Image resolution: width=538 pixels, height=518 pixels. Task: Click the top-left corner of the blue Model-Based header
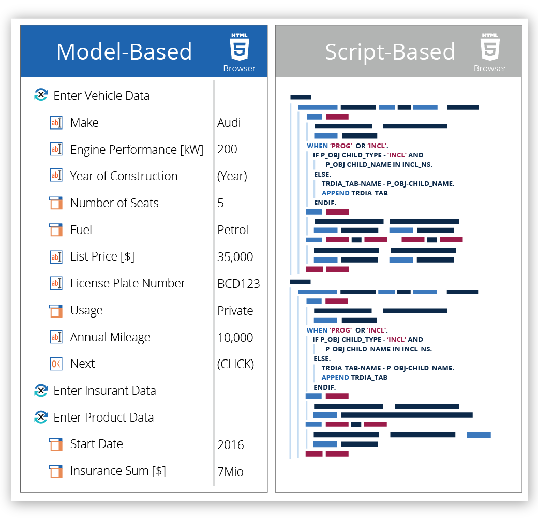click(x=21, y=25)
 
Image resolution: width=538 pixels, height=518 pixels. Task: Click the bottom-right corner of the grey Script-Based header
click(x=522, y=77)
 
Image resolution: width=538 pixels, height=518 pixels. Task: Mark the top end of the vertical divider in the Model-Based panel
click(x=214, y=80)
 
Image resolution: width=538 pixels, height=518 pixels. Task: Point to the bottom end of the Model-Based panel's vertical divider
click(x=214, y=486)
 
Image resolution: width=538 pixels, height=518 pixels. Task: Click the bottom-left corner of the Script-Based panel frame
click(x=276, y=492)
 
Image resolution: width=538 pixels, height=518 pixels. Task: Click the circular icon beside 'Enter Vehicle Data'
click(x=41, y=95)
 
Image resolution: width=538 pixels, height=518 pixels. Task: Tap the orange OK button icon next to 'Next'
click(x=56, y=364)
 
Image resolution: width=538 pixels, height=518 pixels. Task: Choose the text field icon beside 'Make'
click(x=56, y=123)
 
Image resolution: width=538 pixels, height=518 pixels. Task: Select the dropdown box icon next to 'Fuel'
click(x=56, y=230)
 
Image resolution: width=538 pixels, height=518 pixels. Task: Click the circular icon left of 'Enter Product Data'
click(x=41, y=417)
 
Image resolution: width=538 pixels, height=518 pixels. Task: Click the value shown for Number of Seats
click(x=220, y=203)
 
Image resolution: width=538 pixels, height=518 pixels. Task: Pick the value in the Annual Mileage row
click(x=235, y=338)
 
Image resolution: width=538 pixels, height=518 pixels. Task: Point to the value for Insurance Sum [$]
click(x=230, y=471)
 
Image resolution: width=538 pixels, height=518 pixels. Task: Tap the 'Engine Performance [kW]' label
click(x=137, y=150)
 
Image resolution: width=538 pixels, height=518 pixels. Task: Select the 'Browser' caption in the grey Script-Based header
click(x=490, y=69)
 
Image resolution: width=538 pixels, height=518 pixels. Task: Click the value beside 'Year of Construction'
click(x=232, y=176)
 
